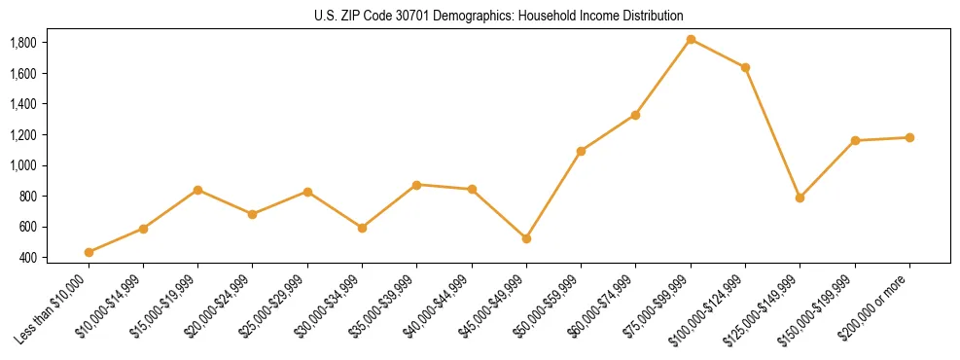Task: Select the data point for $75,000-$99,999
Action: click(x=691, y=39)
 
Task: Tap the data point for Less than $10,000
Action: click(x=89, y=252)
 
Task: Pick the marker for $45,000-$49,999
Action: click(x=526, y=238)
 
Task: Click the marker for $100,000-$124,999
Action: click(x=745, y=67)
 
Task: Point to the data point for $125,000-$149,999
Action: click(x=800, y=198)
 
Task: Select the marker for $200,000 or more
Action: click(x=909, y=137)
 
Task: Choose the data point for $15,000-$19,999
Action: click(x=198, y=190)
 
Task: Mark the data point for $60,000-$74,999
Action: click(x=635, y=115)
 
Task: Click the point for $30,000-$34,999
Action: click(x=362, y=228)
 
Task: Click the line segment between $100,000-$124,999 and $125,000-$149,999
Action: click(x=772, y=132)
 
